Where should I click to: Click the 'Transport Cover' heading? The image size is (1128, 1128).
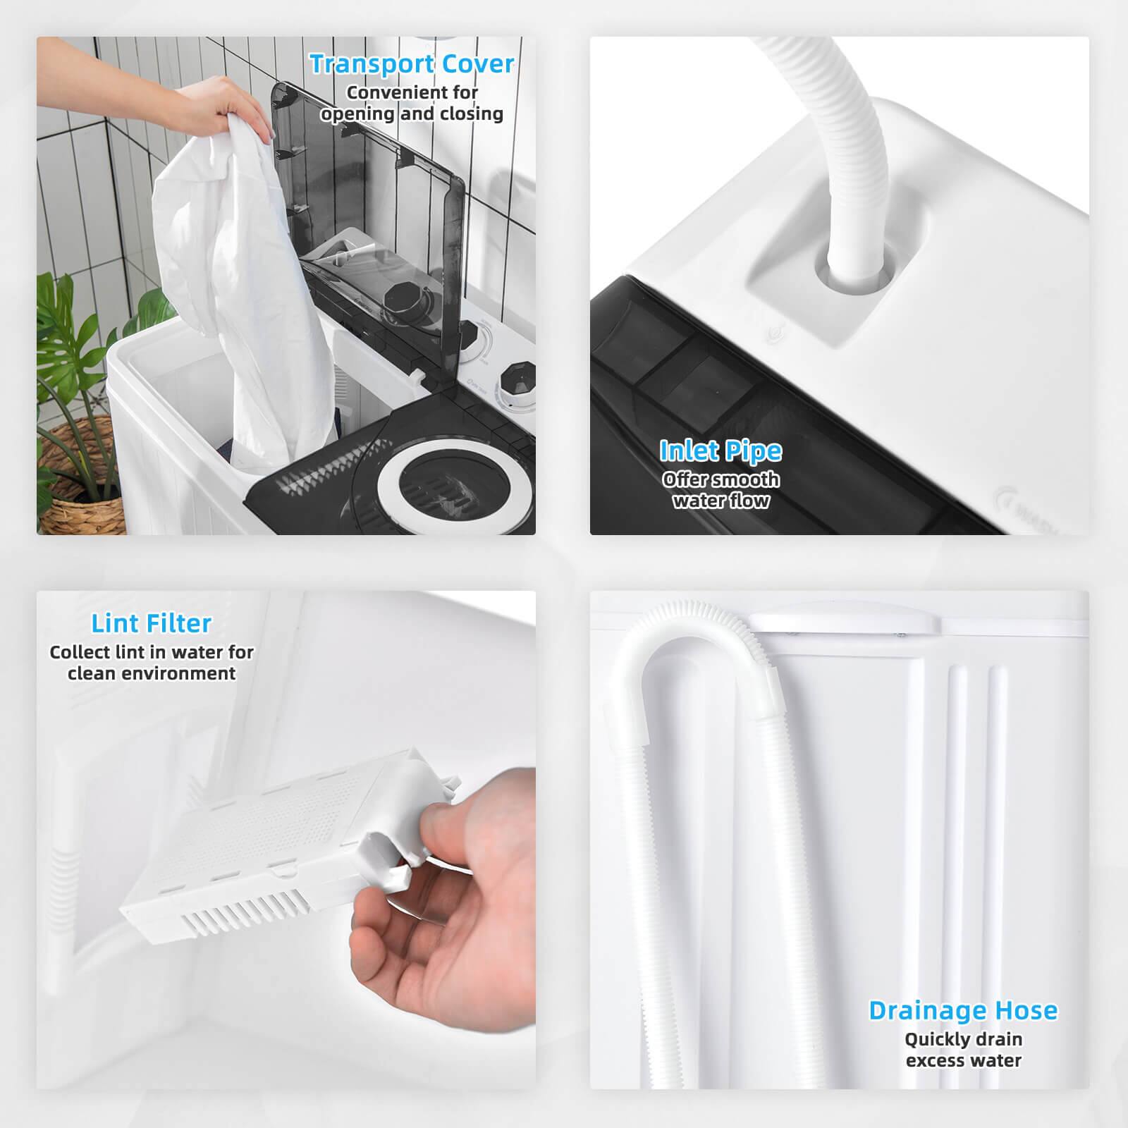coord(412,64)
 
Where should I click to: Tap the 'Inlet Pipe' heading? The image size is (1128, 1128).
coord(720,450)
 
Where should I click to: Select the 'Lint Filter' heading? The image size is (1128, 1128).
coord(151,623)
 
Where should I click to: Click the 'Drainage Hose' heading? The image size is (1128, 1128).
coord(963,1010)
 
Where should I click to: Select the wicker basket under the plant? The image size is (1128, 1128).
coord(70,493)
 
